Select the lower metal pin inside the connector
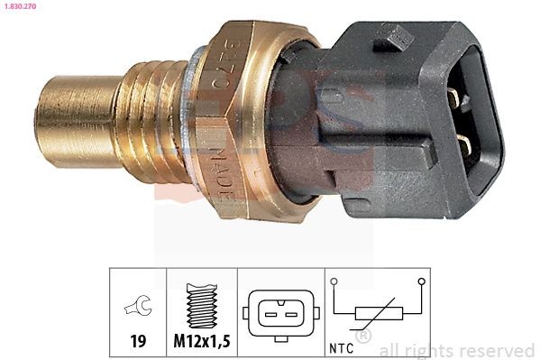tap(462, 143)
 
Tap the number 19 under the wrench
tap(138, 342)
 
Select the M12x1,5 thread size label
tap(202, 342)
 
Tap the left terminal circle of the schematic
tap(334, 282)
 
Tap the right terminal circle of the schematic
tap(421, 282)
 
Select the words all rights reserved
tap(457, 350)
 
